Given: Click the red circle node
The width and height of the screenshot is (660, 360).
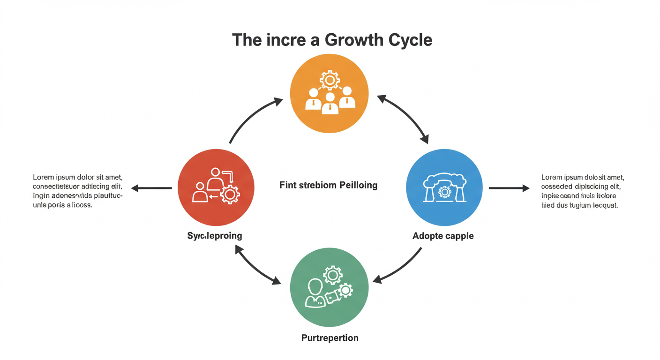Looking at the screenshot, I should click(216, 187).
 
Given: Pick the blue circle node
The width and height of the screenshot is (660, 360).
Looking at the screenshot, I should click(444, 188).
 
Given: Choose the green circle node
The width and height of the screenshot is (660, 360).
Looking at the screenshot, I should click(330, 287).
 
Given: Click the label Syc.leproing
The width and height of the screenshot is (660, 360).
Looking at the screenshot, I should click(215, 235).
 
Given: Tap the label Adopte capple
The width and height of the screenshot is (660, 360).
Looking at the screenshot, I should click(443, 236).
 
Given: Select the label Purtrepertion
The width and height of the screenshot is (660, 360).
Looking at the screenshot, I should click(330, 337).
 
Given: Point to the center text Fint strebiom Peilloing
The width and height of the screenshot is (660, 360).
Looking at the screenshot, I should click(328, 185).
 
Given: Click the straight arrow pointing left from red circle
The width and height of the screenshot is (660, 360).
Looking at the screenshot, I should click(151, 188).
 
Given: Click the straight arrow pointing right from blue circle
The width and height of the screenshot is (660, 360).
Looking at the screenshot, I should click(509, 188).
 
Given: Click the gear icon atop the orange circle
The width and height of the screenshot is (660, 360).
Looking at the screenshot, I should click(330, 81).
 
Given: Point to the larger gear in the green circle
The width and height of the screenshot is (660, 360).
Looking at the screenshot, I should click(333, 275).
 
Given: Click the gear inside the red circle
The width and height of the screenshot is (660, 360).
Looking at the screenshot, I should click(230, 194).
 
